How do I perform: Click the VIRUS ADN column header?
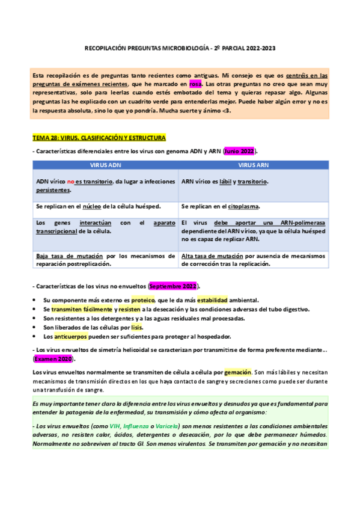coord(105,164)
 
